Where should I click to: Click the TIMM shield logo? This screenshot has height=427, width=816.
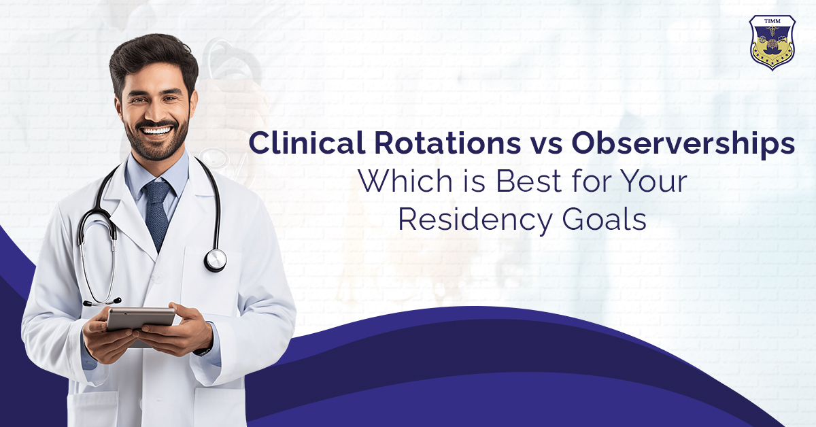(x=772, y=42)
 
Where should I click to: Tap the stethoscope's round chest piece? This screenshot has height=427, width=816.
(x=215, y=260)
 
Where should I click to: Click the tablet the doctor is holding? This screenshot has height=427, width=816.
(x=140, y=318)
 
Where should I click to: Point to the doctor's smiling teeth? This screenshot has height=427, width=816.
(x=156, y=130)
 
